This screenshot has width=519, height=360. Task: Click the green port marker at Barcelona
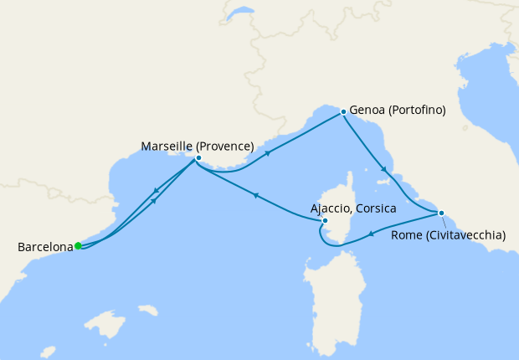point(78,246)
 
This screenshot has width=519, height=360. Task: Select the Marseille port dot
point(198,157)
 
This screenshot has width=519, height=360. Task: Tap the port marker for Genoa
point(343,111)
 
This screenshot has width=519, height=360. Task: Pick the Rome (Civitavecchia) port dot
point(441,213)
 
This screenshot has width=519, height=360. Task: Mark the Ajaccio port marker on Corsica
point(325,221)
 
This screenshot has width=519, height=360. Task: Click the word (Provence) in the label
point(225,147)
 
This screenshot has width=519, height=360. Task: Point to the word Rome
point(407,235)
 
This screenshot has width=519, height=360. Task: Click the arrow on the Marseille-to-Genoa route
point(268,153)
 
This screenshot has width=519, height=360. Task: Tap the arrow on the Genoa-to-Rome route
point(384,170)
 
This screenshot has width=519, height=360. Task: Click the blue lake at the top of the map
point(241,14)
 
